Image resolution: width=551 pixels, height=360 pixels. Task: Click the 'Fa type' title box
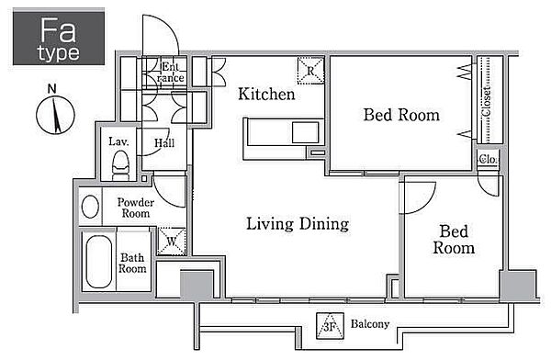click(59, 38)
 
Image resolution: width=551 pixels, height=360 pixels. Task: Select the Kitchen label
click(266, 95)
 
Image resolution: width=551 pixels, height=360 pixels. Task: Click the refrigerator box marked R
click(310, 71)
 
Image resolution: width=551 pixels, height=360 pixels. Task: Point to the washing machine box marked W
click(172, 242)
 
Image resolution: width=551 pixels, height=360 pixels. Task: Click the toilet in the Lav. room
click(120, 165)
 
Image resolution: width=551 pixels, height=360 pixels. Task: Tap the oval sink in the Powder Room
click(90, 207)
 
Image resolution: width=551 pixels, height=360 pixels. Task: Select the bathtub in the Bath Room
click(99, 262)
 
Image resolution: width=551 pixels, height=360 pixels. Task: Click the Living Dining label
click(298, 224)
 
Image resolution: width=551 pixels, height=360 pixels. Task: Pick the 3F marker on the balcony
click(330, 326)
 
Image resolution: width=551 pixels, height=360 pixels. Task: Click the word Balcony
click(370, 324)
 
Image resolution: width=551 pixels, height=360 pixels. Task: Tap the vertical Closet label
click(487, 101)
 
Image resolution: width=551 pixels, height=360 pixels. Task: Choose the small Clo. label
click(488, 159)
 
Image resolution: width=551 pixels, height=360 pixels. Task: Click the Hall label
click(164, 143)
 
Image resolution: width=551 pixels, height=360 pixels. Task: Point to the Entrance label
click(171, 72)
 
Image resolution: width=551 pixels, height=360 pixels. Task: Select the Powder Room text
click(136, 208)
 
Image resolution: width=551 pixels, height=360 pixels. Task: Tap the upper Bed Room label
click(401, 115)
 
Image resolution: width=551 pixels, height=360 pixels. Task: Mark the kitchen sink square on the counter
click(306, 132)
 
